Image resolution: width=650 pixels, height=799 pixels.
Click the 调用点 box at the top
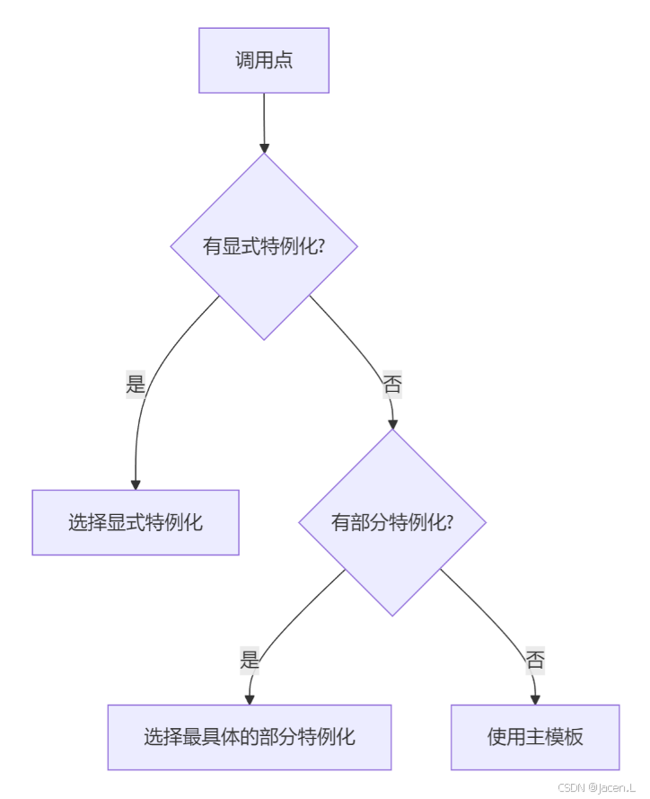264,60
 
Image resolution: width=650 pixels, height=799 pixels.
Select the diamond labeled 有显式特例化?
264,246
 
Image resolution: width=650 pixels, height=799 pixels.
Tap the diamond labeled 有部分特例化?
392,522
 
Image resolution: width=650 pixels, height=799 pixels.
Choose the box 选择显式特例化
136,522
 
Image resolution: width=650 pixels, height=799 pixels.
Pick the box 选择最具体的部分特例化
250,737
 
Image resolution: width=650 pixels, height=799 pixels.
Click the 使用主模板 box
535,737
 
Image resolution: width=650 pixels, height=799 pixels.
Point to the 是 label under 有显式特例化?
136,384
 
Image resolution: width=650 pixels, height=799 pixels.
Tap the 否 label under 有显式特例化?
392,384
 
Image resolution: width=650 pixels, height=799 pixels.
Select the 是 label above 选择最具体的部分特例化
250,661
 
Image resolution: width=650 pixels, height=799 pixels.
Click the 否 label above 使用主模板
535,661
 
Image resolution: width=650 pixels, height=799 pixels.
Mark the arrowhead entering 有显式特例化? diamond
264,148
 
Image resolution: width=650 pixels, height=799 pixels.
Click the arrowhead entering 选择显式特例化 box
136,484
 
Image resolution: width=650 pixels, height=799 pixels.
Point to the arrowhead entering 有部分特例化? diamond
392,424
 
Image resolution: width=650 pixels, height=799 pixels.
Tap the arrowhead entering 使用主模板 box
535,699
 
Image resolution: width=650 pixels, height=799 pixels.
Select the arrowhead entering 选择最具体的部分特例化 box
250,699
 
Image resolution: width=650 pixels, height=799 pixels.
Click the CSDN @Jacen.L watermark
596,787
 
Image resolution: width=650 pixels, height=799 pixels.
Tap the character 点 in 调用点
283,60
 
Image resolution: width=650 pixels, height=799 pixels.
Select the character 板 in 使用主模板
573,737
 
